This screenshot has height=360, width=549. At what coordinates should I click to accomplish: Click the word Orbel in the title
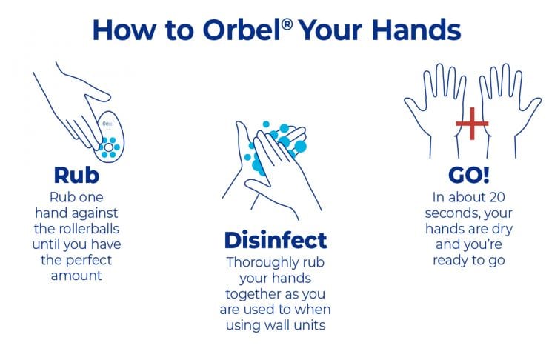[x=242, y=30]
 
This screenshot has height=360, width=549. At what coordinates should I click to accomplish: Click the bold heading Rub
[x=76, y=175]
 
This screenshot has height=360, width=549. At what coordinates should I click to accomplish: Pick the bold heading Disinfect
[x=276, y=240]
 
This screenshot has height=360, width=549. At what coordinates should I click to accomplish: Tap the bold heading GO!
[x=468, y=175]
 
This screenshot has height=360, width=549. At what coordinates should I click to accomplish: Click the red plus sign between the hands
[x=472, y=123]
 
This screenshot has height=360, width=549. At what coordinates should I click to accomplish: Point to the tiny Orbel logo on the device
[x=108, y=124]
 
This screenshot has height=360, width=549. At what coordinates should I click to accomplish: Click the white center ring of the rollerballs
[x=109, y=147]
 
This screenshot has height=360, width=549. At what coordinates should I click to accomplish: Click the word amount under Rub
[x=76, y=276]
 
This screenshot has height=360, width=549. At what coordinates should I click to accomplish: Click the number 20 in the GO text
[x=497, y=197]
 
